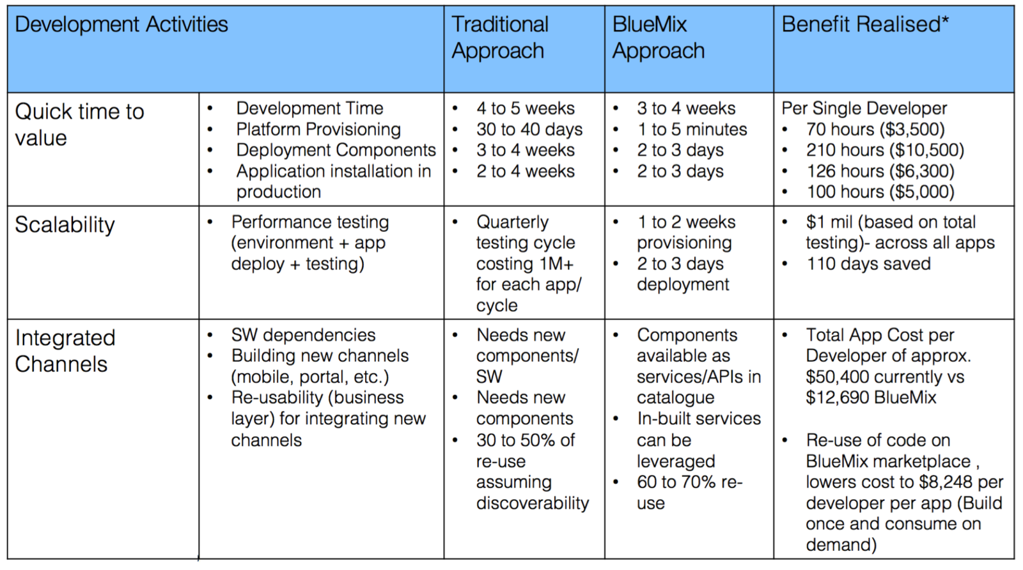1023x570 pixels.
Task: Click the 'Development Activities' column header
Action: [x=121, y=25]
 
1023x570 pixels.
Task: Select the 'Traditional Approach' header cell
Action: [x=499, y=38]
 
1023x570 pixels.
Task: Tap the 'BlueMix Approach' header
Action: [x=658, y=38]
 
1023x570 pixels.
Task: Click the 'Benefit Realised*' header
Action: [x=864, y=25]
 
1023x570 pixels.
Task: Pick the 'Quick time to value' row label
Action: [x=79, y=125]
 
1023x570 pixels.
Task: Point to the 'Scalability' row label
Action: [x=65, y=225]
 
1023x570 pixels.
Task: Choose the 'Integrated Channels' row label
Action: [x=65, y=351]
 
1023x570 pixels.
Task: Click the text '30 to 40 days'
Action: [x=529, y=130]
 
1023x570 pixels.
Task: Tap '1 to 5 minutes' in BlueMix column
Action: [x=691, y=130]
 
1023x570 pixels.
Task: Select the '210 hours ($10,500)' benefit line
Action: [x=884, y=150]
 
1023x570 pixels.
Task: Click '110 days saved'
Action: [x=868, y=264]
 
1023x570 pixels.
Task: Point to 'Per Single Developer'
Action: [x=864, y=109]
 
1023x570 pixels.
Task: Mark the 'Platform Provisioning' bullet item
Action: [x=318, y=130]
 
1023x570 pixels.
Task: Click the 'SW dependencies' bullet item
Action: [x=303, y=335]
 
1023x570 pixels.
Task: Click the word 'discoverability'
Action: [x=532, y=504]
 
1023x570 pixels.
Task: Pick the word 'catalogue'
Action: [x=675, y=398]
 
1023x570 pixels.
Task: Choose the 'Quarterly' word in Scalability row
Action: [x=512, y=222]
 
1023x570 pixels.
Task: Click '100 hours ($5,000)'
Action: [x=880, y=192]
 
